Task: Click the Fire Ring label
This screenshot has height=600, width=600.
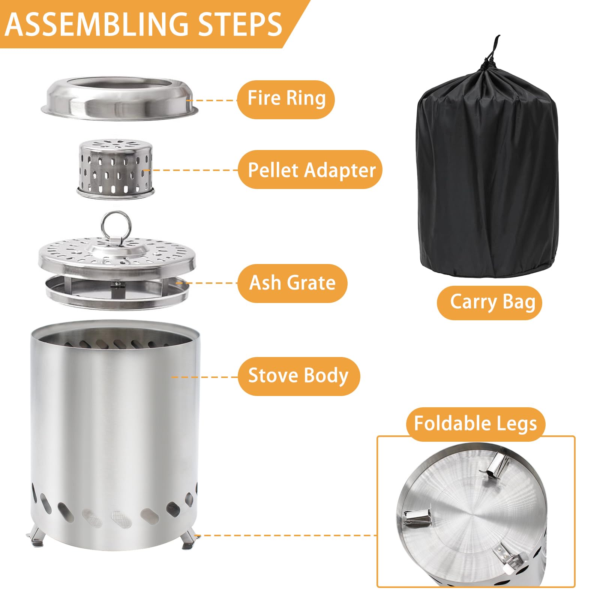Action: point(286,99)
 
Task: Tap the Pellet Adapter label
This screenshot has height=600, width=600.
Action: point(310,169)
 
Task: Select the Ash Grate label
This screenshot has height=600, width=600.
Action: point(292,283)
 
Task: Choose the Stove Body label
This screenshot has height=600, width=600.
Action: point(298,376)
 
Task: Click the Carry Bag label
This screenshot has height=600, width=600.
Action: point(490,302)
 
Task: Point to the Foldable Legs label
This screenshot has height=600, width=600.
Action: point(475,424)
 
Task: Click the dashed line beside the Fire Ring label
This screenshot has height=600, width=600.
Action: point(211,100)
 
